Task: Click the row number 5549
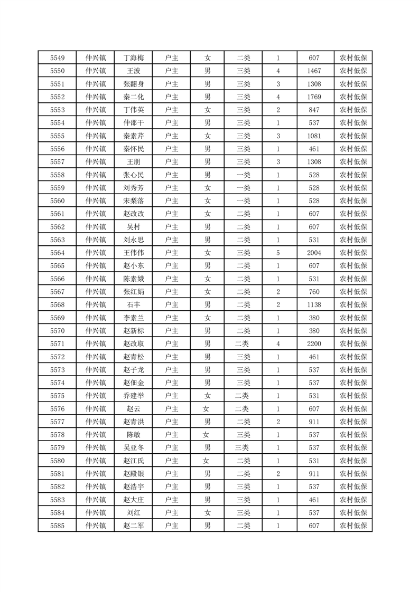[57, 58]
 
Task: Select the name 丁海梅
[133, 58]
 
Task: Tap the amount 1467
[314, 71]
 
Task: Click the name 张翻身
[133, 84]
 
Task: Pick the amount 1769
[314, 97]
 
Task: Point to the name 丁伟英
[133, 110]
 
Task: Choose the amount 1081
[314, 136]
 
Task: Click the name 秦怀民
[133, 149]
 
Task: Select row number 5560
[57, 201]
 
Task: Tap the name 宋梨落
[133, 201]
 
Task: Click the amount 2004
[314, 253]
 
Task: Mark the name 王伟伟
[133, 253]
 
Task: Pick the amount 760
[314, 292]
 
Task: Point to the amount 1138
[314, 305]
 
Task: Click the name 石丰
[133, 305]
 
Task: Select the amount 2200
[314, 344]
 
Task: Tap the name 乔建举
[133, 396]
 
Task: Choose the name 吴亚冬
[133, 448]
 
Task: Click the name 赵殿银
[133, 474]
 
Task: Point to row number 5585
[57, 526]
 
